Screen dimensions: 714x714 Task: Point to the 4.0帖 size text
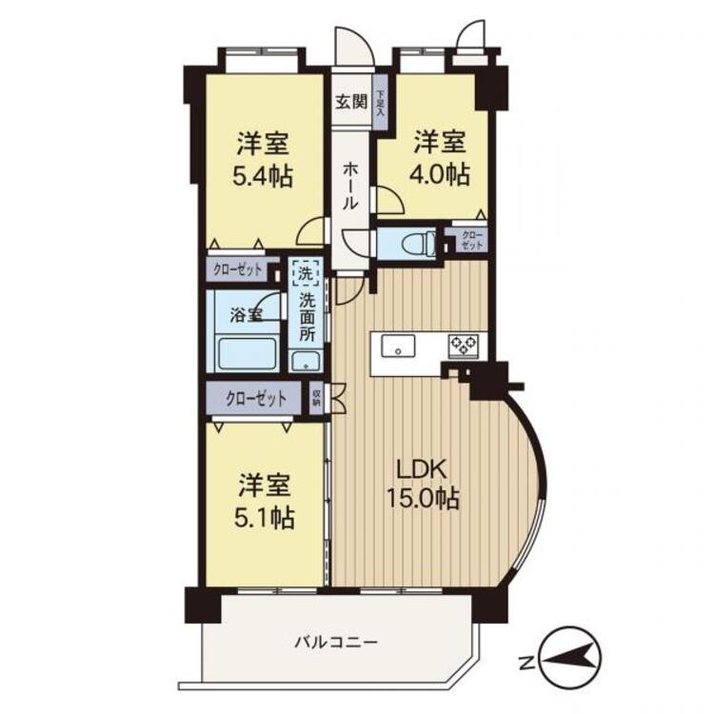440,174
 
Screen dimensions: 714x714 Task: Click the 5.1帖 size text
266,518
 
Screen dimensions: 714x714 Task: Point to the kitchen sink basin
396,345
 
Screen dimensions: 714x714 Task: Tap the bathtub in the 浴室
247,354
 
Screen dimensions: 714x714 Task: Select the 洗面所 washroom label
307,318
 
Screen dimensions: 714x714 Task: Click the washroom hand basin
305,361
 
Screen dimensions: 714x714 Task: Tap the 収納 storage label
316,397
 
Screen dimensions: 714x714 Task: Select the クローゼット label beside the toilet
471,240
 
